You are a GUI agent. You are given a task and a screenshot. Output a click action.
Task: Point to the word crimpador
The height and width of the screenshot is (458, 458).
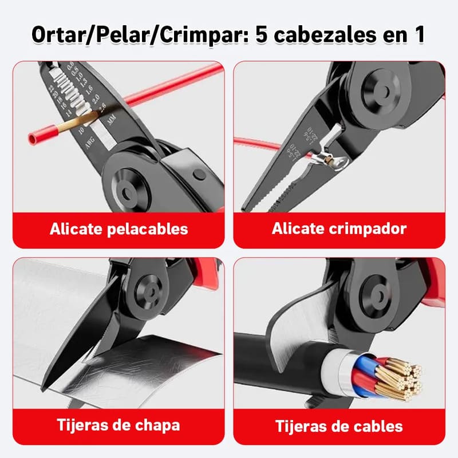[x=372, y=229]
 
